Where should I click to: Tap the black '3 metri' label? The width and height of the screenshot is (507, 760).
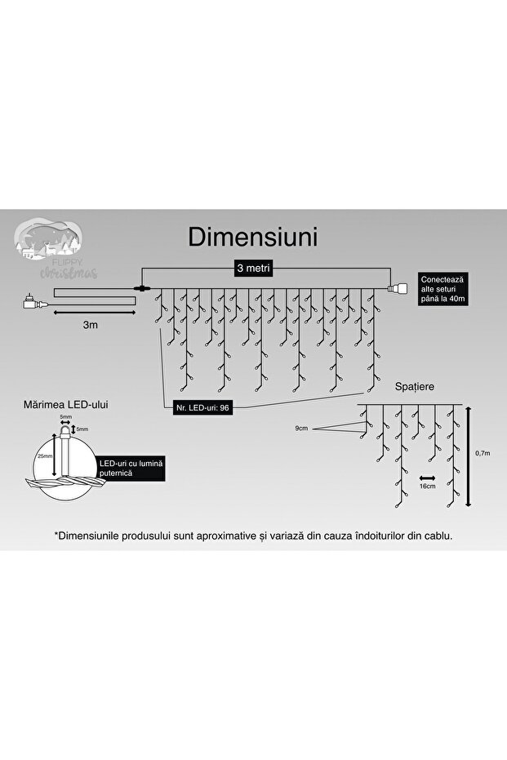253,268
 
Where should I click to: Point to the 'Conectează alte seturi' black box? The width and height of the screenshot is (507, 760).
444,288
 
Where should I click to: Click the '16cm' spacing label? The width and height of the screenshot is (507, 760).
427,487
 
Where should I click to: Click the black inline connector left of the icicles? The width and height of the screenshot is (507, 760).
144,288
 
